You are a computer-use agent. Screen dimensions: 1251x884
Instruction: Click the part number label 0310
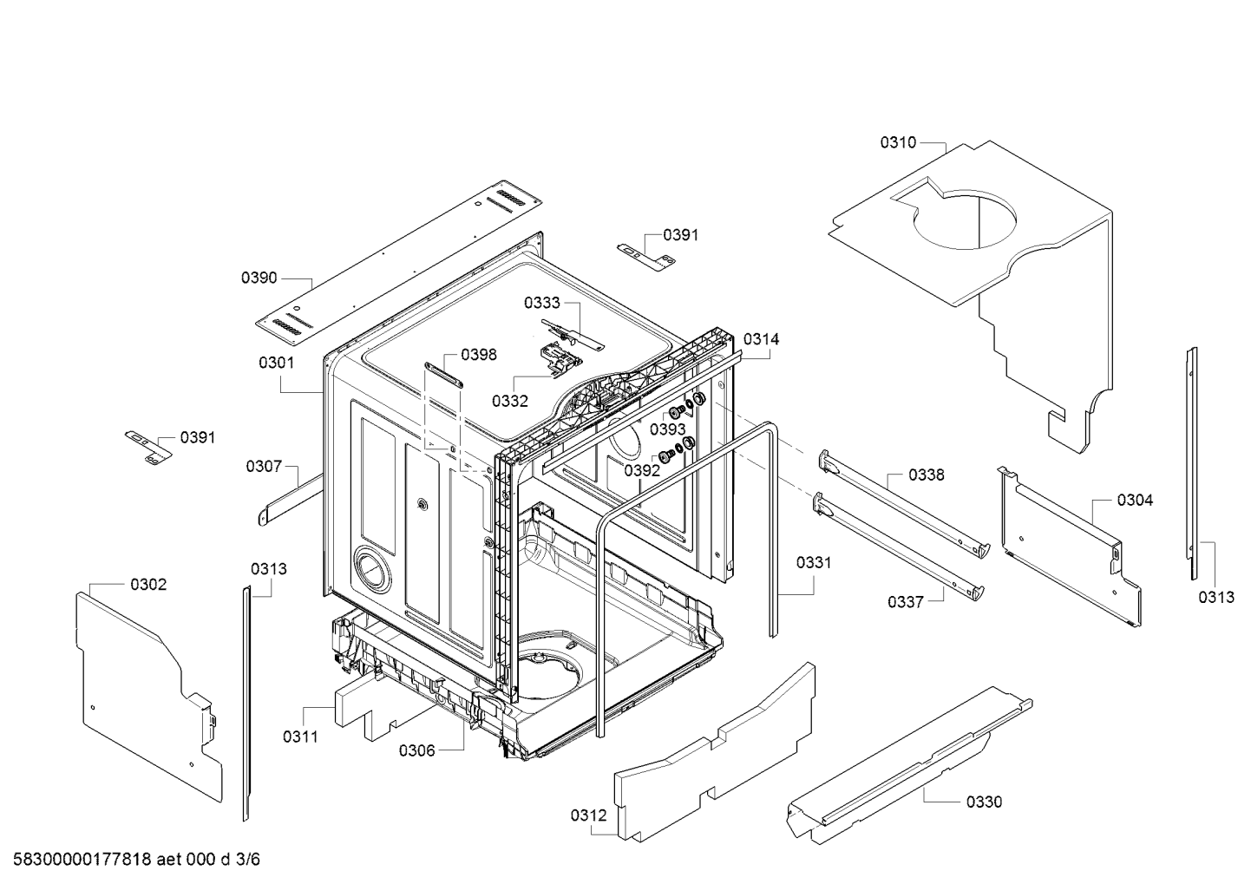898,143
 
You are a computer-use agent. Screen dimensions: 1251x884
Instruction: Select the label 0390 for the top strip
259,278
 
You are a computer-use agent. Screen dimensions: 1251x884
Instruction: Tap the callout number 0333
541,304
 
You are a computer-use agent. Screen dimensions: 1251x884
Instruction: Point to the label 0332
510,401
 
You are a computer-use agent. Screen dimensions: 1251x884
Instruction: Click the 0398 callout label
479,355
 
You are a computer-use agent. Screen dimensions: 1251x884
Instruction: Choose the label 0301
277,363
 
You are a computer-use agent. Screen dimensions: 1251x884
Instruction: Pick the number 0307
264,467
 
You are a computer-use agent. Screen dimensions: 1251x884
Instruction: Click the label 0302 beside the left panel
148,585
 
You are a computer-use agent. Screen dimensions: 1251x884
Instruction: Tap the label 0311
300,737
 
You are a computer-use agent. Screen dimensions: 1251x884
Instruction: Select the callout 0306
416,751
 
